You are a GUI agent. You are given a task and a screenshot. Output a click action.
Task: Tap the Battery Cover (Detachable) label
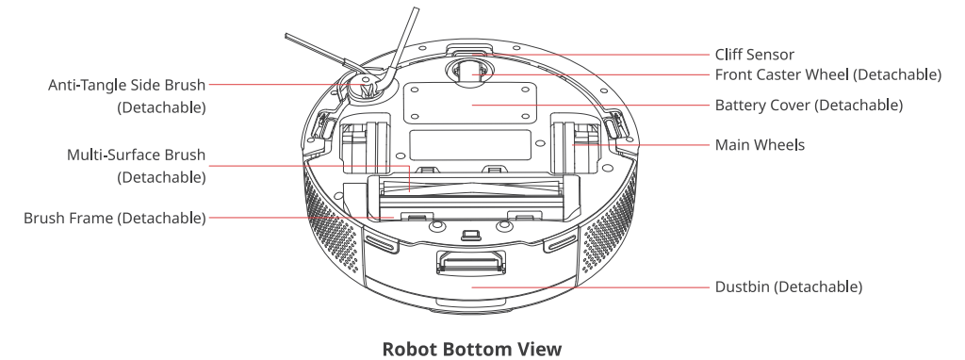point(809,106)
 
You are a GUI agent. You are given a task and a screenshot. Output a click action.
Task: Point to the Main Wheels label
point(760,145)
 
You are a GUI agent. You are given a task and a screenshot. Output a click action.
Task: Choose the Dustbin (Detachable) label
point(789,286)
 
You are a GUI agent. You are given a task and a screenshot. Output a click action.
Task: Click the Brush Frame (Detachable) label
point(114,219)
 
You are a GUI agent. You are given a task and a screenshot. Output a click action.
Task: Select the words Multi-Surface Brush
point(136,155)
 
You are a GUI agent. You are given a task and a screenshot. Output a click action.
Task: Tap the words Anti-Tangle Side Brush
point(126,85)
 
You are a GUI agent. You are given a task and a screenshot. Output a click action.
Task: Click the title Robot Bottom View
point(471,349)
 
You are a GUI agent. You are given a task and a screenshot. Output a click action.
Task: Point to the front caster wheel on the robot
point(469,73)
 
